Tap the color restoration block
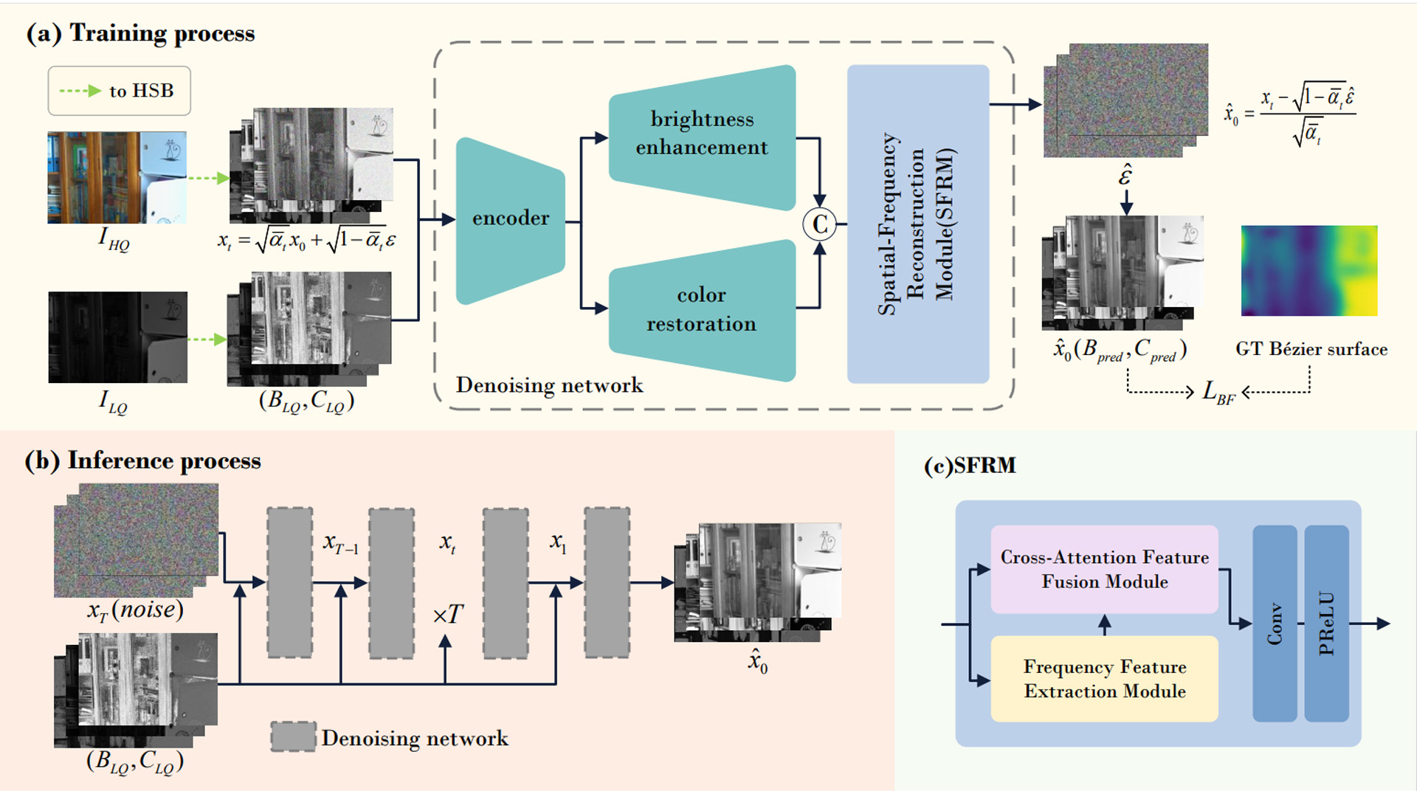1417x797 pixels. coord(701,310)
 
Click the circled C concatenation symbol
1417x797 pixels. coord(819,224)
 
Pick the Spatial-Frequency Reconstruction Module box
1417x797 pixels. coord(917,224)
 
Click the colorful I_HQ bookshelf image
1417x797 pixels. coord(117,177)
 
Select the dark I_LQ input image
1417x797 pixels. coord(117,337)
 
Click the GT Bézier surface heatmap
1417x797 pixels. coord(1309,271)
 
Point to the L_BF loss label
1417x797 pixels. coord(1218,392)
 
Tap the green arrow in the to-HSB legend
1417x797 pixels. coord(80,91)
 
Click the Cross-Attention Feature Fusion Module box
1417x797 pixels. coord(1104,569)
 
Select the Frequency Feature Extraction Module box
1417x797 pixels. coord(1104,679)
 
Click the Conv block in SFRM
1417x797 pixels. coord(1275,624)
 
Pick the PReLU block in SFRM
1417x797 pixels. coord(1326,624)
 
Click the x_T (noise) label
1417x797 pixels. coord(135,610)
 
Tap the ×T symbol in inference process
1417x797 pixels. coord(447,614)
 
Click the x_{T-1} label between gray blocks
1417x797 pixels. coord(340,545)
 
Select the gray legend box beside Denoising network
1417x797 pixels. coord(293,736)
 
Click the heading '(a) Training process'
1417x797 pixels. coord(140,33)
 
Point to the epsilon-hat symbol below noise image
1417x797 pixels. coord(1125,176)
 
